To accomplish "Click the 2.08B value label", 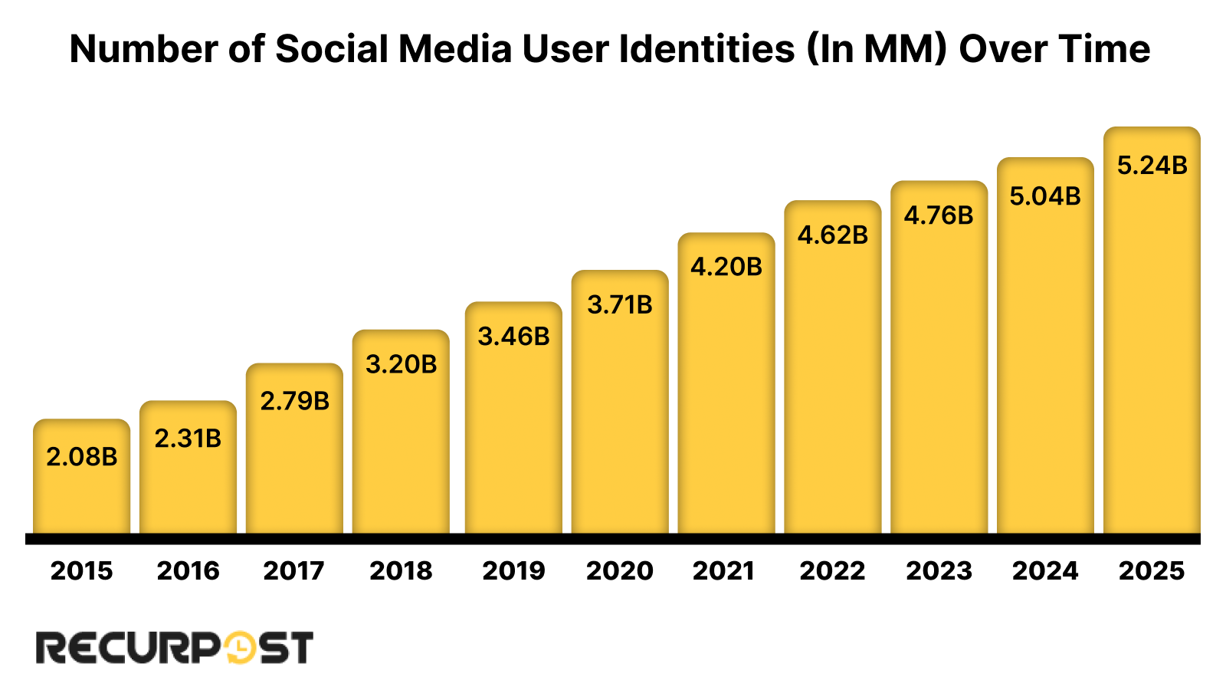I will (81, 457).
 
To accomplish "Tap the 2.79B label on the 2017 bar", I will (294, 401).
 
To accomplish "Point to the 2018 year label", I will (401, 570).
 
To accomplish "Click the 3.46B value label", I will (513, 337).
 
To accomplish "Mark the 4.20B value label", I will (726, 267).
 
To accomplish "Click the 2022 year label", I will (832, 570).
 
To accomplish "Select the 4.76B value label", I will (939, 215).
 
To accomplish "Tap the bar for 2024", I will (1045, 368).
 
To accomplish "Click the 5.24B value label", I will (1152, 166).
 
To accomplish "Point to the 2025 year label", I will (1152, 570).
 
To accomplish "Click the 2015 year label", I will (81, 570).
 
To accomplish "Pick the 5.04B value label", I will (1045, 196).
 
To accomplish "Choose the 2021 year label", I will (724, 570).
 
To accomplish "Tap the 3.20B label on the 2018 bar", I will (401, 364).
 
